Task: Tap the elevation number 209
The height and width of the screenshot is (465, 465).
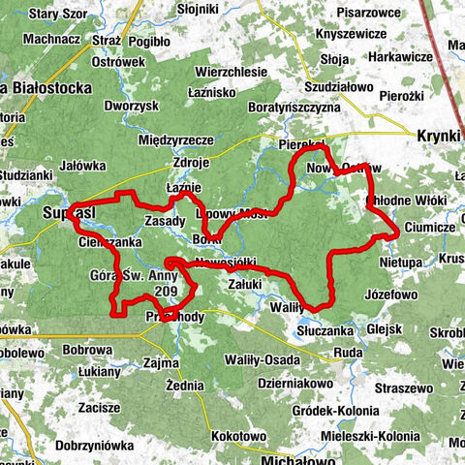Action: click(166, 291)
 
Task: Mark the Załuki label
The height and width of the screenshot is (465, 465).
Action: click(245, 285)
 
